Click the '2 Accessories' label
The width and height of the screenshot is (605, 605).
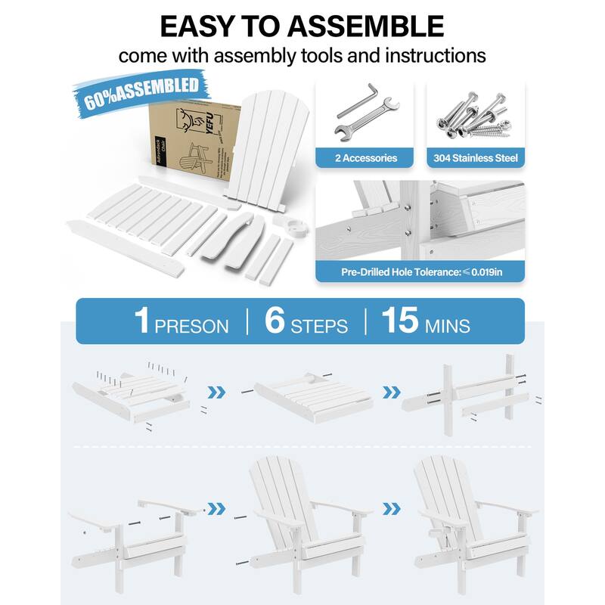click(x=366, y=158)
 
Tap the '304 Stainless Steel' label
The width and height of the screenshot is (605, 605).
click(x=476, y=158)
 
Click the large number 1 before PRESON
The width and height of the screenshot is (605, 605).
click(x=142, y=321)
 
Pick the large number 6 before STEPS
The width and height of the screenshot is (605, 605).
click(x=275, y=321)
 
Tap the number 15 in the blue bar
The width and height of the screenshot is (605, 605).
click(x=399, y=321)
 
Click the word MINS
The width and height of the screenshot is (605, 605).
click(x=447, y=326)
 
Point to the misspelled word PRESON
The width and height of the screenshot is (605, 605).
click(x=192, y=326)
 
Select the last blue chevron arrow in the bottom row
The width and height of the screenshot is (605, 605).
click(x=391, y=507)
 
